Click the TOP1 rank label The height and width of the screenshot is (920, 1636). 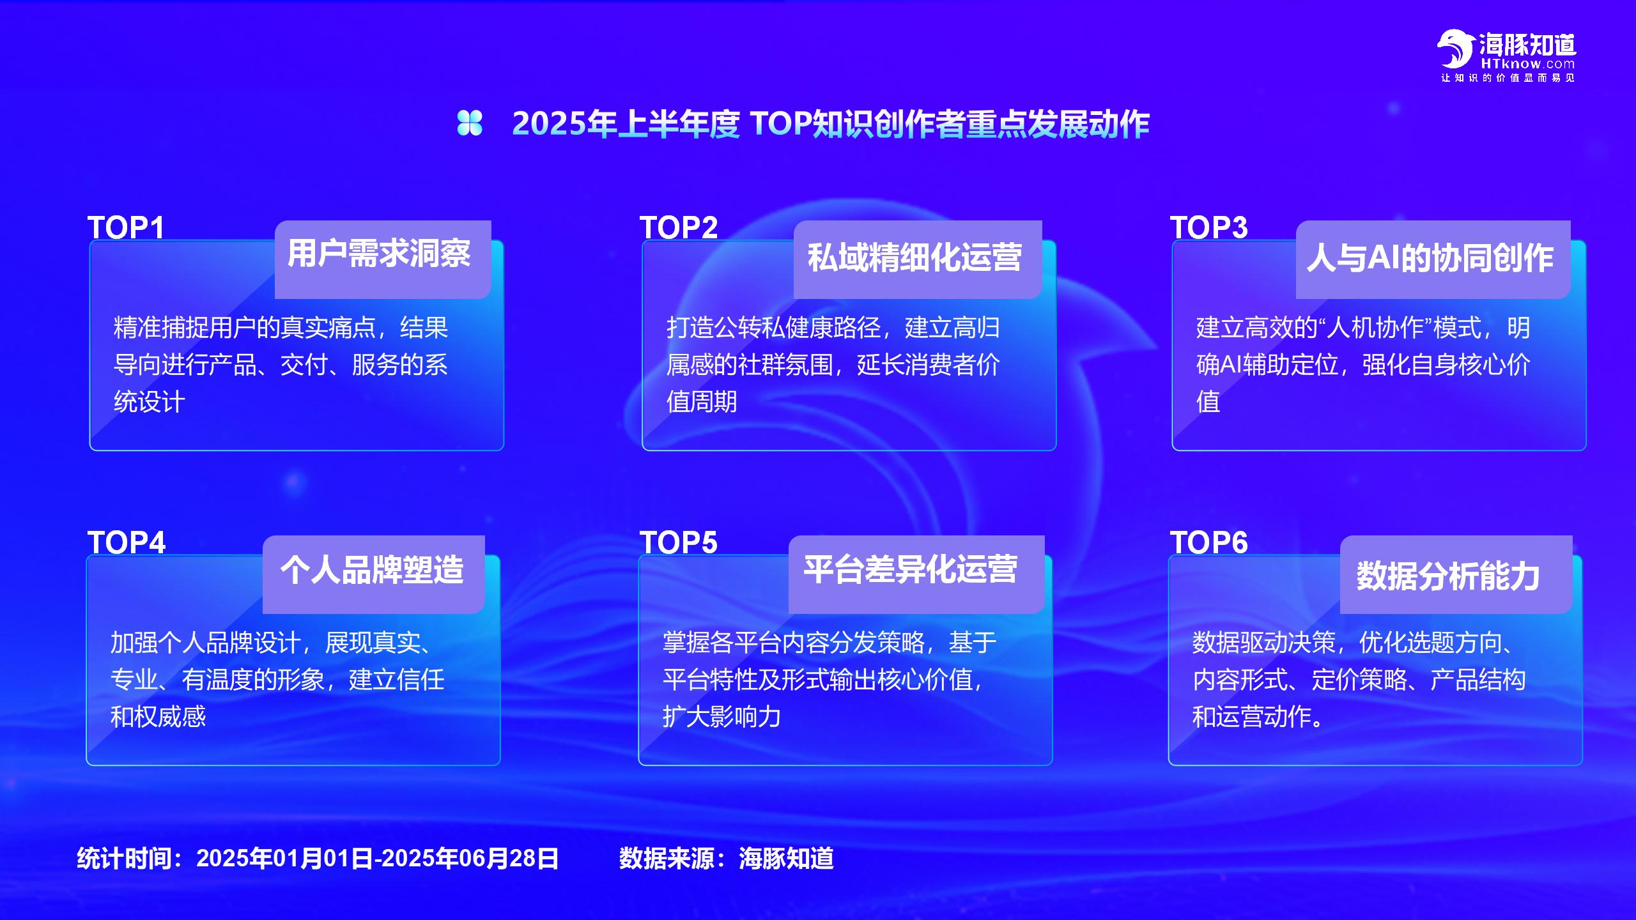point(126,227)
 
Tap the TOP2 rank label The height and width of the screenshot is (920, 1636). point(679,227)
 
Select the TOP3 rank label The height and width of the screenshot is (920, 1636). point(1208,227)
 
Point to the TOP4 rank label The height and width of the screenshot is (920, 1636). point(127,542)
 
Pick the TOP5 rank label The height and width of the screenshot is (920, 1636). point(679,542)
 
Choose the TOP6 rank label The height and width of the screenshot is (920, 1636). point(1208,542)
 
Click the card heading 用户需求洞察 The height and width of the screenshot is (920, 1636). point(379,254)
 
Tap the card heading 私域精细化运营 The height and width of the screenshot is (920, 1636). point(914,257)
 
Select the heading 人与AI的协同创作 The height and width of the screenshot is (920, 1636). point(1430,258)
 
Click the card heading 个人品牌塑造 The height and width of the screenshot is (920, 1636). point(372,569)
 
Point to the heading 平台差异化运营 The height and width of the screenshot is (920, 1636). point(911,569)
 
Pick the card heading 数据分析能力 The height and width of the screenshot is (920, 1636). point(1448,576)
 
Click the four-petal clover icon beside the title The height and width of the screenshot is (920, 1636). point(470,123)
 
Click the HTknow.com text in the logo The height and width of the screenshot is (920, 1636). point(1528,64)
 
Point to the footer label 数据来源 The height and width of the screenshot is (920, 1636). point(667,858)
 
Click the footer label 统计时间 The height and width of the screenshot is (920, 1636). point(124,858)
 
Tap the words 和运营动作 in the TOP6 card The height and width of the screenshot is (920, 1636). point(1252,717)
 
